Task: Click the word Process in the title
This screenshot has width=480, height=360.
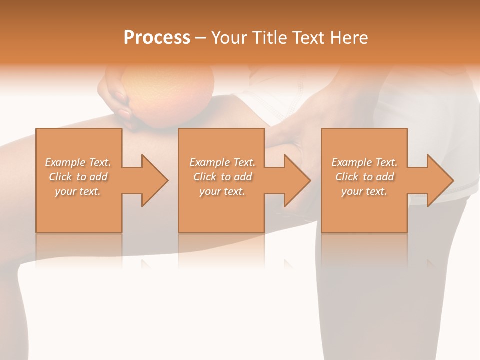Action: tap(157, 38)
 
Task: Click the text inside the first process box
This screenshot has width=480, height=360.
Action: tap(78, 177)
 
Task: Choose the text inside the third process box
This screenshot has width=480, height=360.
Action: tap(364, 177)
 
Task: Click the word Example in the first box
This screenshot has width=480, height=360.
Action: tap(65, 162)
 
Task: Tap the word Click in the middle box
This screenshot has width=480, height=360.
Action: tap(204, 177)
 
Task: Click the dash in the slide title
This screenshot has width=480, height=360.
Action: tap(200, 38)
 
